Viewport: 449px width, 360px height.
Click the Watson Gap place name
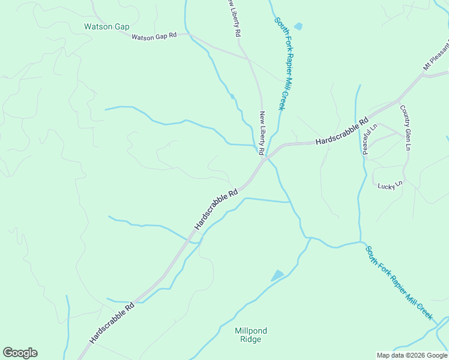click(x=107, y=27)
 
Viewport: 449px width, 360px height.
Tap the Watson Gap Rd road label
click(x=154, y=37)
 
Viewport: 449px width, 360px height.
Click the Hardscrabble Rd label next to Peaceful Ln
click(x=342, y=132)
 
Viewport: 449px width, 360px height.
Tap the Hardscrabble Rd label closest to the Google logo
click(x=112, y=323)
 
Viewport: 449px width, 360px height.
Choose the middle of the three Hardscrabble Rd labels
click(x=216, y=209)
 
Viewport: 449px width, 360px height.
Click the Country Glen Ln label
click(x=406, y=128)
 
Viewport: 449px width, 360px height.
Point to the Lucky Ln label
click(x=390, y=185)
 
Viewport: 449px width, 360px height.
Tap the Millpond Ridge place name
click(x=251, y=335)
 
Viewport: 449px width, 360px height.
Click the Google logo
click(x=20, y=353)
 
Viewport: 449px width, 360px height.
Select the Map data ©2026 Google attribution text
click(x=412, y=355)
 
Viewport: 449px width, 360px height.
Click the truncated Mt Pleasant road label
click(x=436, y=56)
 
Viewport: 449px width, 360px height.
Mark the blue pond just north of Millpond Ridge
click(x=277, y=275)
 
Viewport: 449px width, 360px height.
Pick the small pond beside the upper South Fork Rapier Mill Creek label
click(x=298, y=26)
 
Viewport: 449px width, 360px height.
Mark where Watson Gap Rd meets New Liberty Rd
click(x=247, y=57)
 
